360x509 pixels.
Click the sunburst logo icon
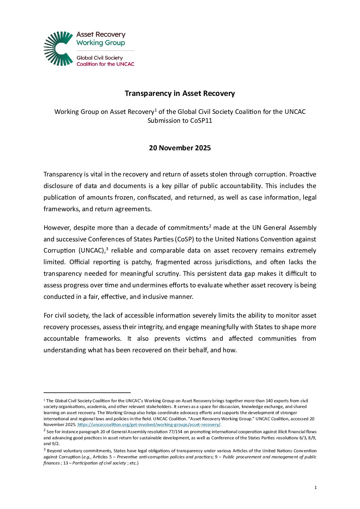58,49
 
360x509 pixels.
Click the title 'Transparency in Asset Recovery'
180,94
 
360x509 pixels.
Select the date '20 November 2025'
180,148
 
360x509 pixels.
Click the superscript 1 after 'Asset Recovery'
156,110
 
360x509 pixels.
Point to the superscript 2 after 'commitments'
210,226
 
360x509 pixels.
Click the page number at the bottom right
315,488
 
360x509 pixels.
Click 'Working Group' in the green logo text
101,43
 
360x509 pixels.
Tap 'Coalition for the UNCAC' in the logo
105,64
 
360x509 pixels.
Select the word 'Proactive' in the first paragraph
303,174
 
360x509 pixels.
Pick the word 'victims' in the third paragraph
196,339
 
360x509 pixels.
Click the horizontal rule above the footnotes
87,393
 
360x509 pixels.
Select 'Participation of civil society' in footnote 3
99,463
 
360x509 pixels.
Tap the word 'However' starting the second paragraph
57,228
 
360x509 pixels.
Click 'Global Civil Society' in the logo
100,58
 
